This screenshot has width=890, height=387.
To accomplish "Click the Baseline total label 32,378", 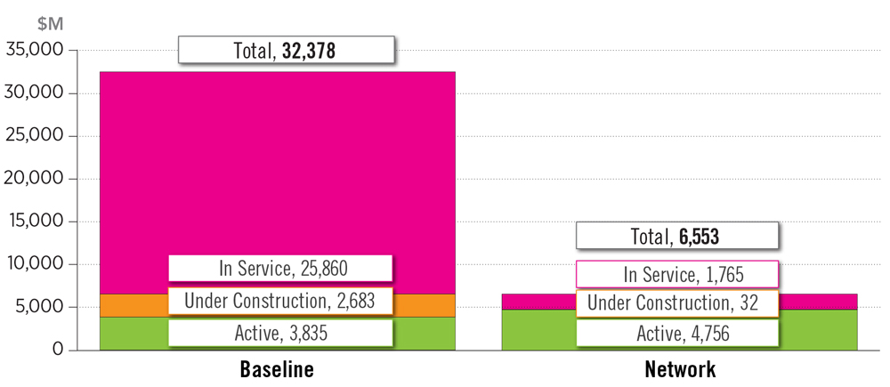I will (286, 50).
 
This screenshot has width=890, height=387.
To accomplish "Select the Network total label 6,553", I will (677, 236).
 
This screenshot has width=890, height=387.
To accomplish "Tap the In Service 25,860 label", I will (280, 268).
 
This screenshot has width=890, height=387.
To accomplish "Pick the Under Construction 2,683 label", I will (280, 301).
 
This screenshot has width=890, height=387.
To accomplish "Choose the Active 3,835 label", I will (280, 334).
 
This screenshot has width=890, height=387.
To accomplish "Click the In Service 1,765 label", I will (677, 274).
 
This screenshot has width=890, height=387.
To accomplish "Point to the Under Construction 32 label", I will (677, 303).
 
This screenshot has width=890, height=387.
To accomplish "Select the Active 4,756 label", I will (677, 334).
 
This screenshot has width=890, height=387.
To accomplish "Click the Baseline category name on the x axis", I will (277, 369).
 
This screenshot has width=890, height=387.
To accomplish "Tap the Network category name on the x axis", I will (679, 369).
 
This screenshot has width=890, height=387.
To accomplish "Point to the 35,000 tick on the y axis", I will (36, 51).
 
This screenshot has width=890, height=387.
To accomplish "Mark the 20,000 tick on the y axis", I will (36, 179).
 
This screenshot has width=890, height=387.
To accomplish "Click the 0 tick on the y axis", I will (58, 350).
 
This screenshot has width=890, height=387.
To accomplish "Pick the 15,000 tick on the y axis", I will (36, 222).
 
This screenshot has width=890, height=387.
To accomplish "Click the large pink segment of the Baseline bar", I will (277, 160).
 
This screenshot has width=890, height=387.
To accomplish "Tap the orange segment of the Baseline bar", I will (133, 305).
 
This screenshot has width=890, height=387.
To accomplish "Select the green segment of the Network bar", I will (534, 330).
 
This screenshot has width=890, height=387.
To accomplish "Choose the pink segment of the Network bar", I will (534, 302).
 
